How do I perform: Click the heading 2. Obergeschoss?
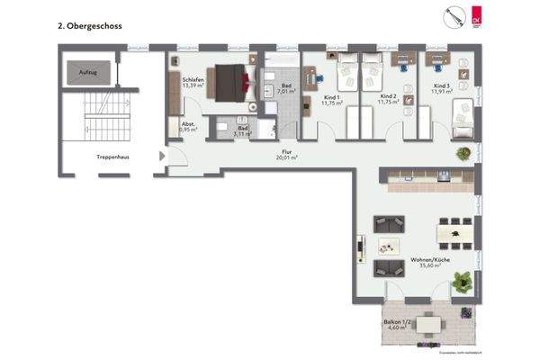tap(89, 27)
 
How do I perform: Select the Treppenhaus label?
tap(112, 157)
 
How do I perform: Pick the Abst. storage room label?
tap(189, 127)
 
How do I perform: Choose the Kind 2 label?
tap(388, 99)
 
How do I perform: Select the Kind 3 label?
tap(441, 88)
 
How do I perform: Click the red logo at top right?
tap(477, 17)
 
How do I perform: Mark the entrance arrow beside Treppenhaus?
tap(163, 158)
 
